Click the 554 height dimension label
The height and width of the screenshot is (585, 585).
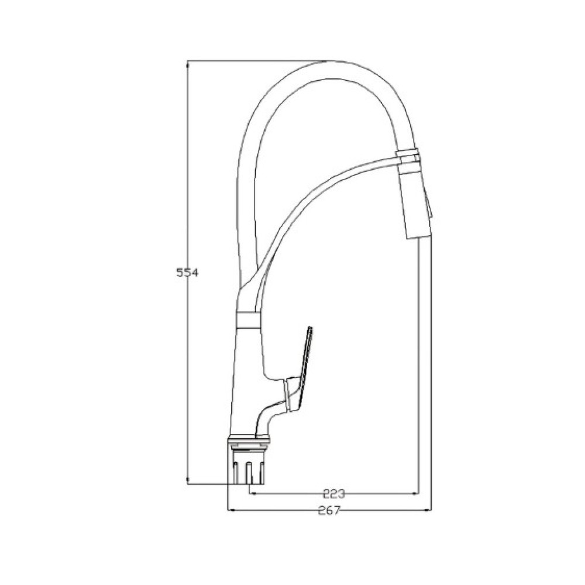coord(187,273)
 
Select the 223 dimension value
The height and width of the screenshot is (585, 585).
coord(334,494)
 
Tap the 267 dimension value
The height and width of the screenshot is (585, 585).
coord(329,510)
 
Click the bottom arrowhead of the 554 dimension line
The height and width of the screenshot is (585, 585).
coord(187,480)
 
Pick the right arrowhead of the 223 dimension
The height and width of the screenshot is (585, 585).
coord(414,494)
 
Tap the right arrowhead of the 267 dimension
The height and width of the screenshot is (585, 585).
coord(427,510)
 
